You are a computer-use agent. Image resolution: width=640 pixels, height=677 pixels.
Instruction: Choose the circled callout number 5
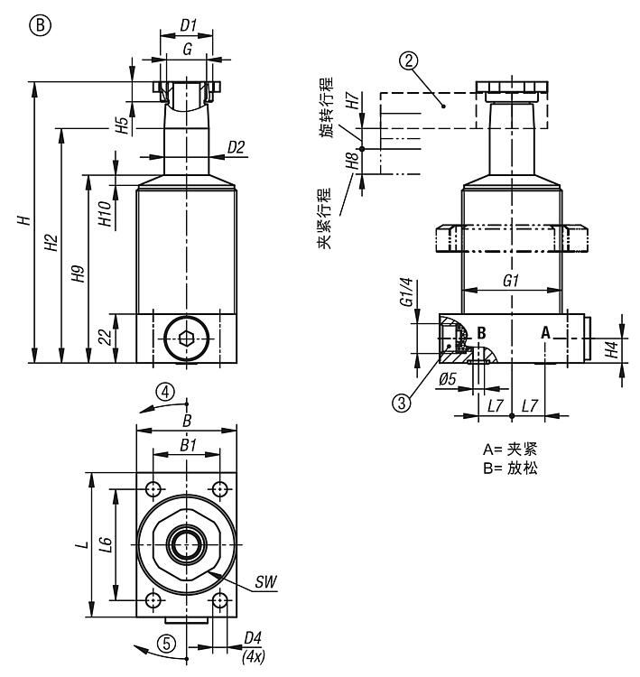coord(165,644)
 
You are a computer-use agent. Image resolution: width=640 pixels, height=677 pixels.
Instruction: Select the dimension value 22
coord(106,338)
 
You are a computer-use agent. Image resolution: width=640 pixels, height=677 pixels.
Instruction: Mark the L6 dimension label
coord(106,543)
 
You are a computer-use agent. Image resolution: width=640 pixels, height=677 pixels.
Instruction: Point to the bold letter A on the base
coord(545,332)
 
